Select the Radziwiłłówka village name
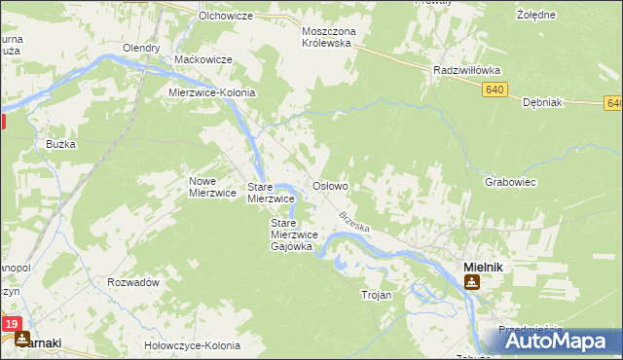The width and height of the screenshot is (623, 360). [x=465, y=70]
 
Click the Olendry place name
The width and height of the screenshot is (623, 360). [x=141, y=48]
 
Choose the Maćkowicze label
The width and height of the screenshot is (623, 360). [x=202, y=60]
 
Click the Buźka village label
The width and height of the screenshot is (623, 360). [x=60, y=144]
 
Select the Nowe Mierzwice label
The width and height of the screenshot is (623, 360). [x=213, y=187]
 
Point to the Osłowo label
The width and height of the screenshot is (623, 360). [x=329, y=185]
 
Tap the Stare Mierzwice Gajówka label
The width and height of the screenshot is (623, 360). [x=291, y=234]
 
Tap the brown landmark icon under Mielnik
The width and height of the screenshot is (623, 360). [x=472, y=282]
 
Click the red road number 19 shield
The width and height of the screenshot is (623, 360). [x=11, y=324]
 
